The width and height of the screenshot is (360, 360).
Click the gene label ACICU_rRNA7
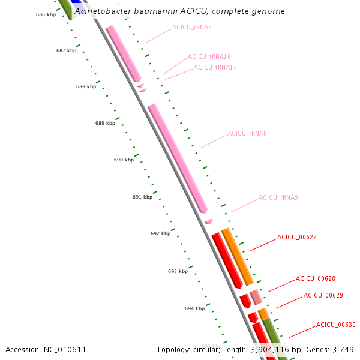pyautogui.click(x=191, y=27)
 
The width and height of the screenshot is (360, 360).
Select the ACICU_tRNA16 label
pyautogui.click(x=209, y=56)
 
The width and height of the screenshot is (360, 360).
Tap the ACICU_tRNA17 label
pyautogui.click(x=215, y=67)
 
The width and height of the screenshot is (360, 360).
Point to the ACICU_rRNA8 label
pyautogui.click(x=247, y=133)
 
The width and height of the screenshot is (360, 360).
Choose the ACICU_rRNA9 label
pyautogui.click(x=278, y=197)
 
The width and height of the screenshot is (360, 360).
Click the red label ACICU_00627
pyautogui.click(x=297, y=238)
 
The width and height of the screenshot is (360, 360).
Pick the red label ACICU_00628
pyautogui.click(x=316, y=278)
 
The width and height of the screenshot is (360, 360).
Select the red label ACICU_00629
pyautogui.click(x=323, y=295)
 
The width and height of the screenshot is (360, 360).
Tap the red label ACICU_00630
pyautogui.click(x=336, y=325)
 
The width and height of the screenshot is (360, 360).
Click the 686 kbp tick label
pyautogui.click(x=46, y=14)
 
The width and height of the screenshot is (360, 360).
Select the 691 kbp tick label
pyautogui.click(x=142, y=197)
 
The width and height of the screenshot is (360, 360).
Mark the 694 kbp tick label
pyautogui.click(x=194, y=308)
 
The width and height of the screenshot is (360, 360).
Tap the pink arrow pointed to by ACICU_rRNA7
pyautogui.click(x=124, y=54)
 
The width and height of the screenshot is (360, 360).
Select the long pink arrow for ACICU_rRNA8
pyautogui.click(x=178, y=158)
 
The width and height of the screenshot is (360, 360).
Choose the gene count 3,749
pyautogui.click(x=343, y=349)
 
